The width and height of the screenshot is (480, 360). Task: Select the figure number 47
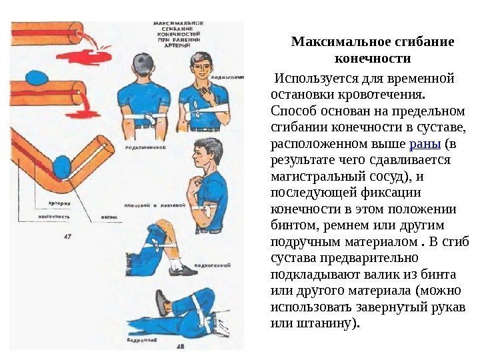[68, 235]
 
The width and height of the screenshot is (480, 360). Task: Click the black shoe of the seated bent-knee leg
[182, 270]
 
